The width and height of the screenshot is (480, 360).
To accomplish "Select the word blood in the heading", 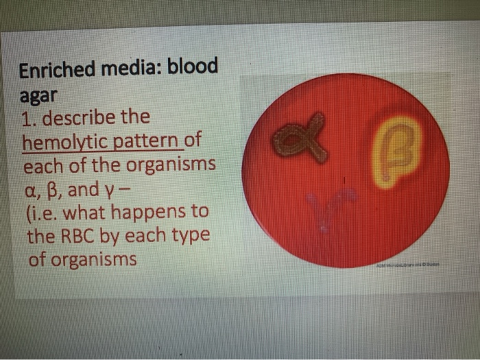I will [x=193, y=67].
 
